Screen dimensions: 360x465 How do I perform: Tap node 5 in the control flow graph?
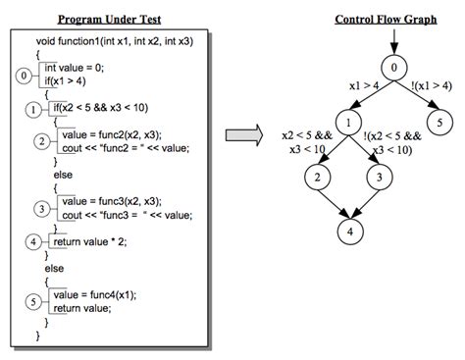(x=440, y=123)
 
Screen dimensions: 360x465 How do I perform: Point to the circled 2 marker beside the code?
(x=41, y=140)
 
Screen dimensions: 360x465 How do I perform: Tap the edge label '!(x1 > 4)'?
(x=439, y=86)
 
